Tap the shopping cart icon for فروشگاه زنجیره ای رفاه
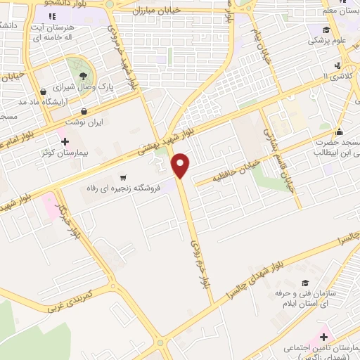click(x=124, y=177)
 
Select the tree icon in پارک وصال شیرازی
click(x=83, y=75)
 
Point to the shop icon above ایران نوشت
click(x=84, y=111)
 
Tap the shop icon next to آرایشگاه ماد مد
click(x=44, y=91)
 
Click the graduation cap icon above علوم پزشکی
click(x=326, y=30)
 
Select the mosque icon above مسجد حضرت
click(x=339, y=131)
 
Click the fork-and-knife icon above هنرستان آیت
click(x=72, y=16)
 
